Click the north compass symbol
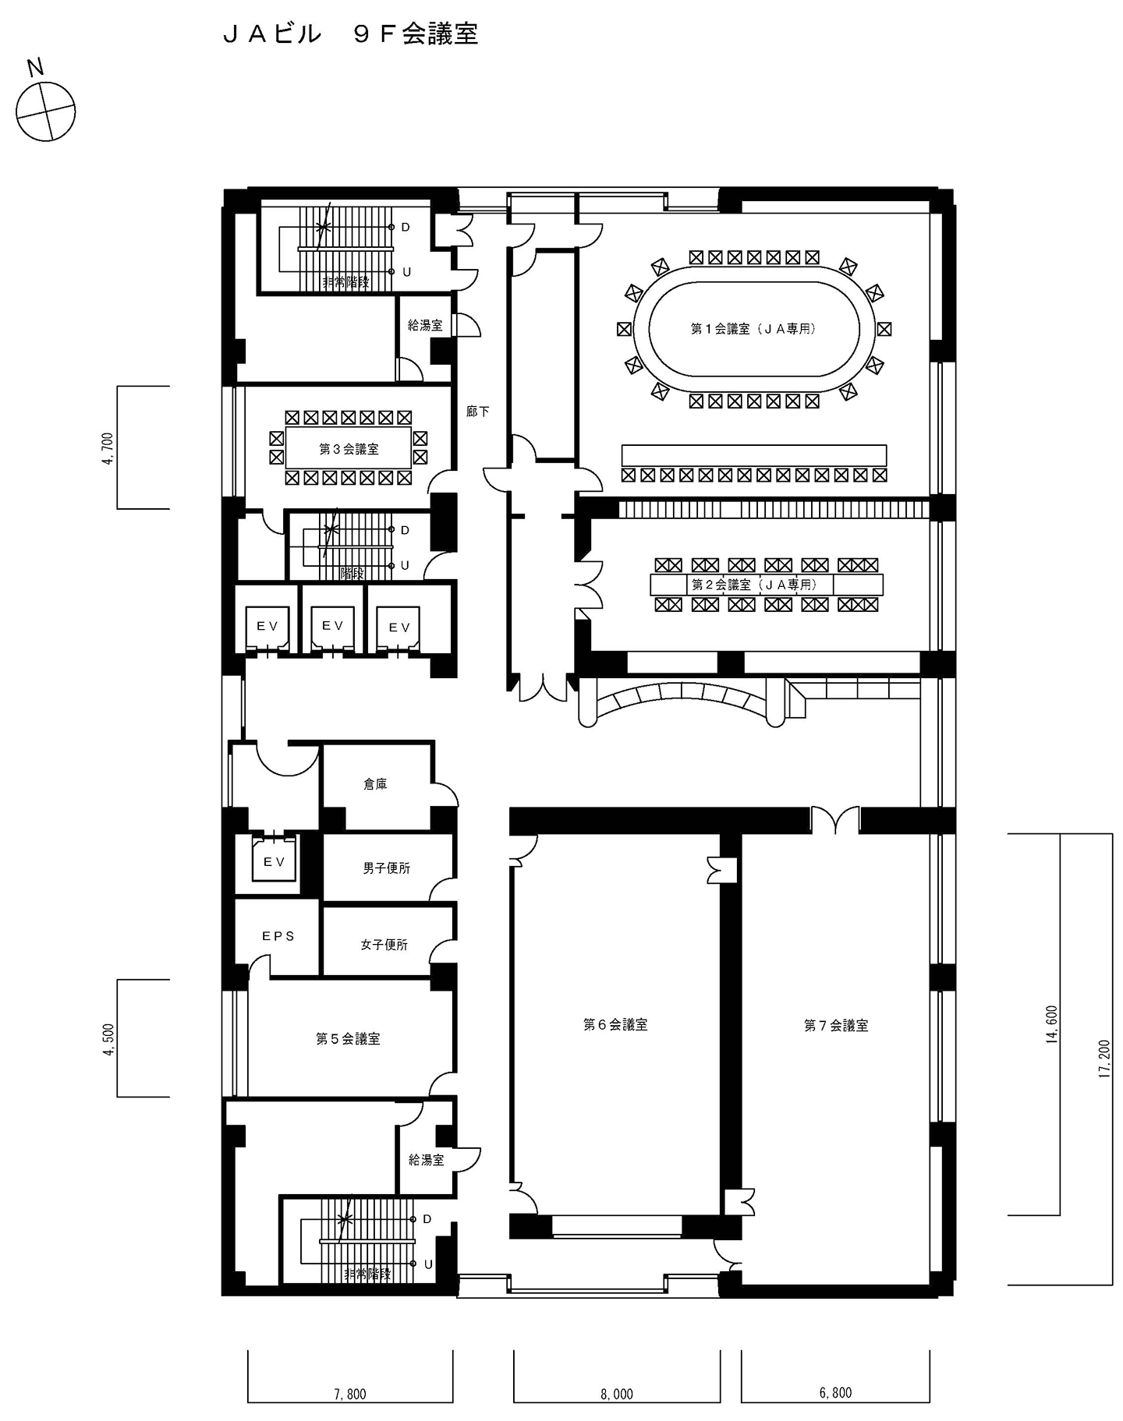click(47, 110)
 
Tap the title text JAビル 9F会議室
click(350, 34)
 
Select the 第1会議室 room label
click(753, 329)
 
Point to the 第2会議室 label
click(754, 584)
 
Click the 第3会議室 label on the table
click(349, 449)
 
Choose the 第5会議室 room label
click(348, 1038)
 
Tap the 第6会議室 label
click(615, 1024)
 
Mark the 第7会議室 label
click(836, 1025)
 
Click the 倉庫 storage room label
click(375, 784)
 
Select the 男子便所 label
click(386, 868)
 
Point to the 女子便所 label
click(384, 944)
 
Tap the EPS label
click(278, 935)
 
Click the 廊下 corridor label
click(477, 411)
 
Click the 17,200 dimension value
click(1103, 1059)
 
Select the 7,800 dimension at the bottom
click(350, 1394)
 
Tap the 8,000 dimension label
click(617, 1394)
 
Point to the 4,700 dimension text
click(108, 448)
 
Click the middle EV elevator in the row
click(333, 624)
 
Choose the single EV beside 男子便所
click(274, 861)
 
